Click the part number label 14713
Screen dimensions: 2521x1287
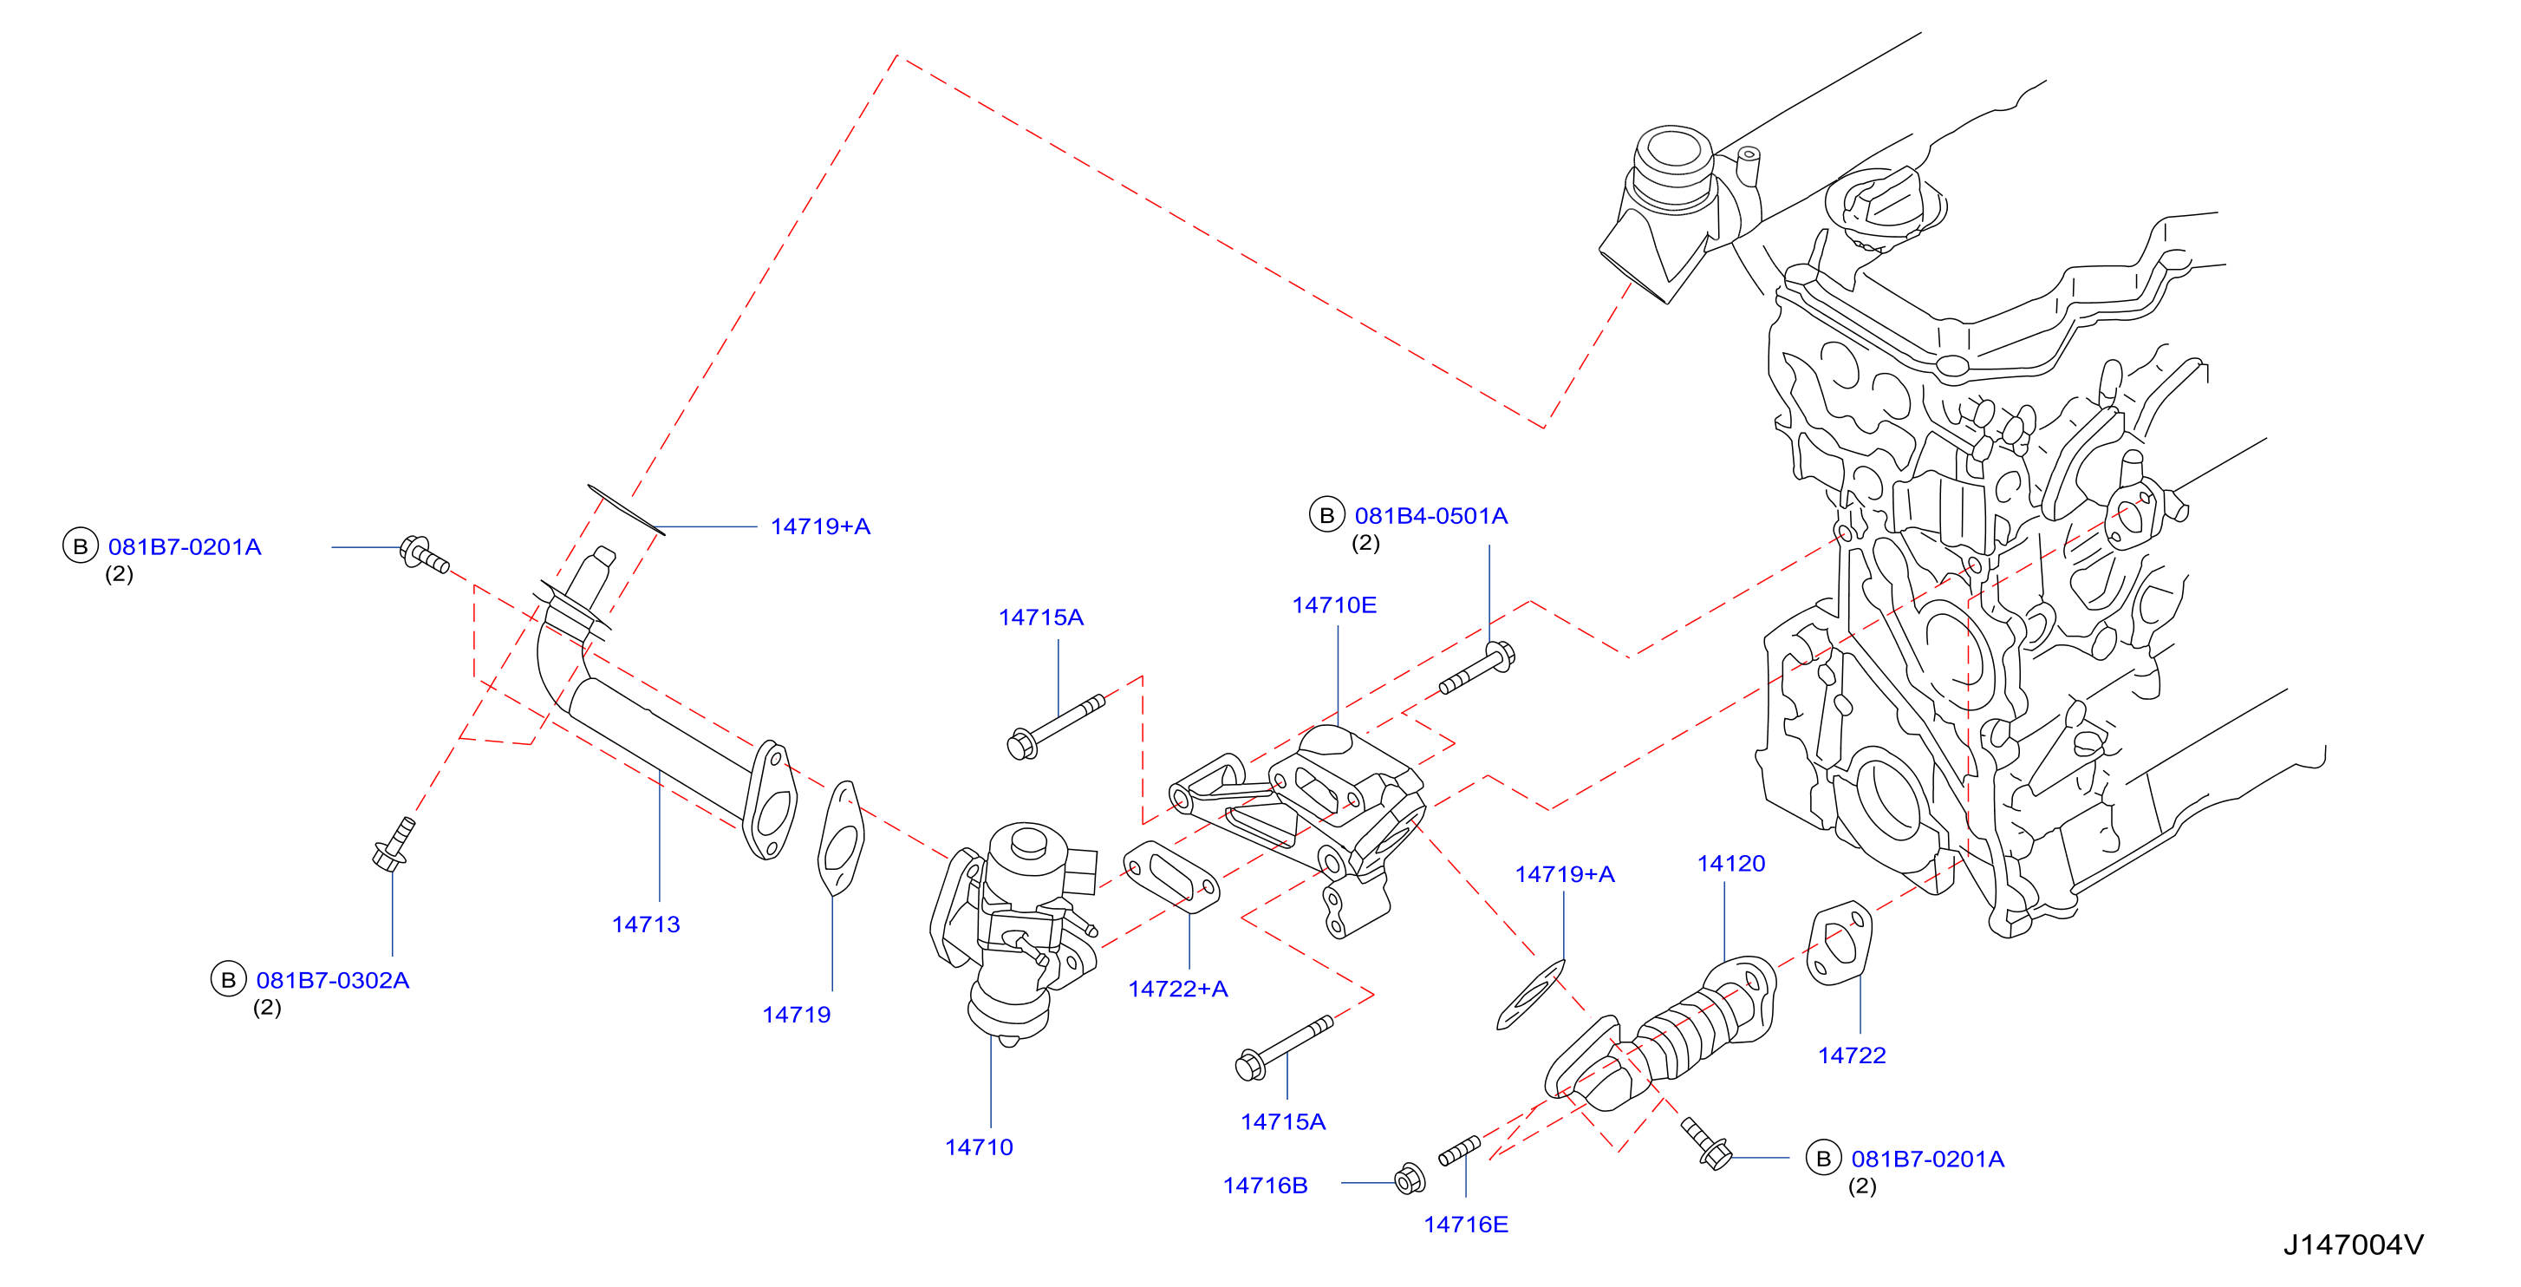point(645,924)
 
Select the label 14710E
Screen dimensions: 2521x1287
point(1334,604)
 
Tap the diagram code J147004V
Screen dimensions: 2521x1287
point(2353,1244)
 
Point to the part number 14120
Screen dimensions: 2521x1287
point(1730,863)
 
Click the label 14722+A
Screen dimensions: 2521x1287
point(1177,989)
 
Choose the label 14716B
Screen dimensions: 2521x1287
point(1265,1186)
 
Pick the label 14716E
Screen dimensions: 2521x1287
point(1465,1224)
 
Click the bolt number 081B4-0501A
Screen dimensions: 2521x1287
point(1430,516)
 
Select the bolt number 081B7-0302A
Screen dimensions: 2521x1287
point(333,980)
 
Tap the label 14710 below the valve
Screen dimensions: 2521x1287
point(979,1147)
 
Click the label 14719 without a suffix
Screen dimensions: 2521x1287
point(796,1014)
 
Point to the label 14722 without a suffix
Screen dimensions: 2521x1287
point(1852,1055)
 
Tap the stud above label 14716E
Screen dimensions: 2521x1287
point(1459,1150)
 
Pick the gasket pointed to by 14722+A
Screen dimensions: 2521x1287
point(1171,877)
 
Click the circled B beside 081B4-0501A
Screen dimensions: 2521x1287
point(1326,515)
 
